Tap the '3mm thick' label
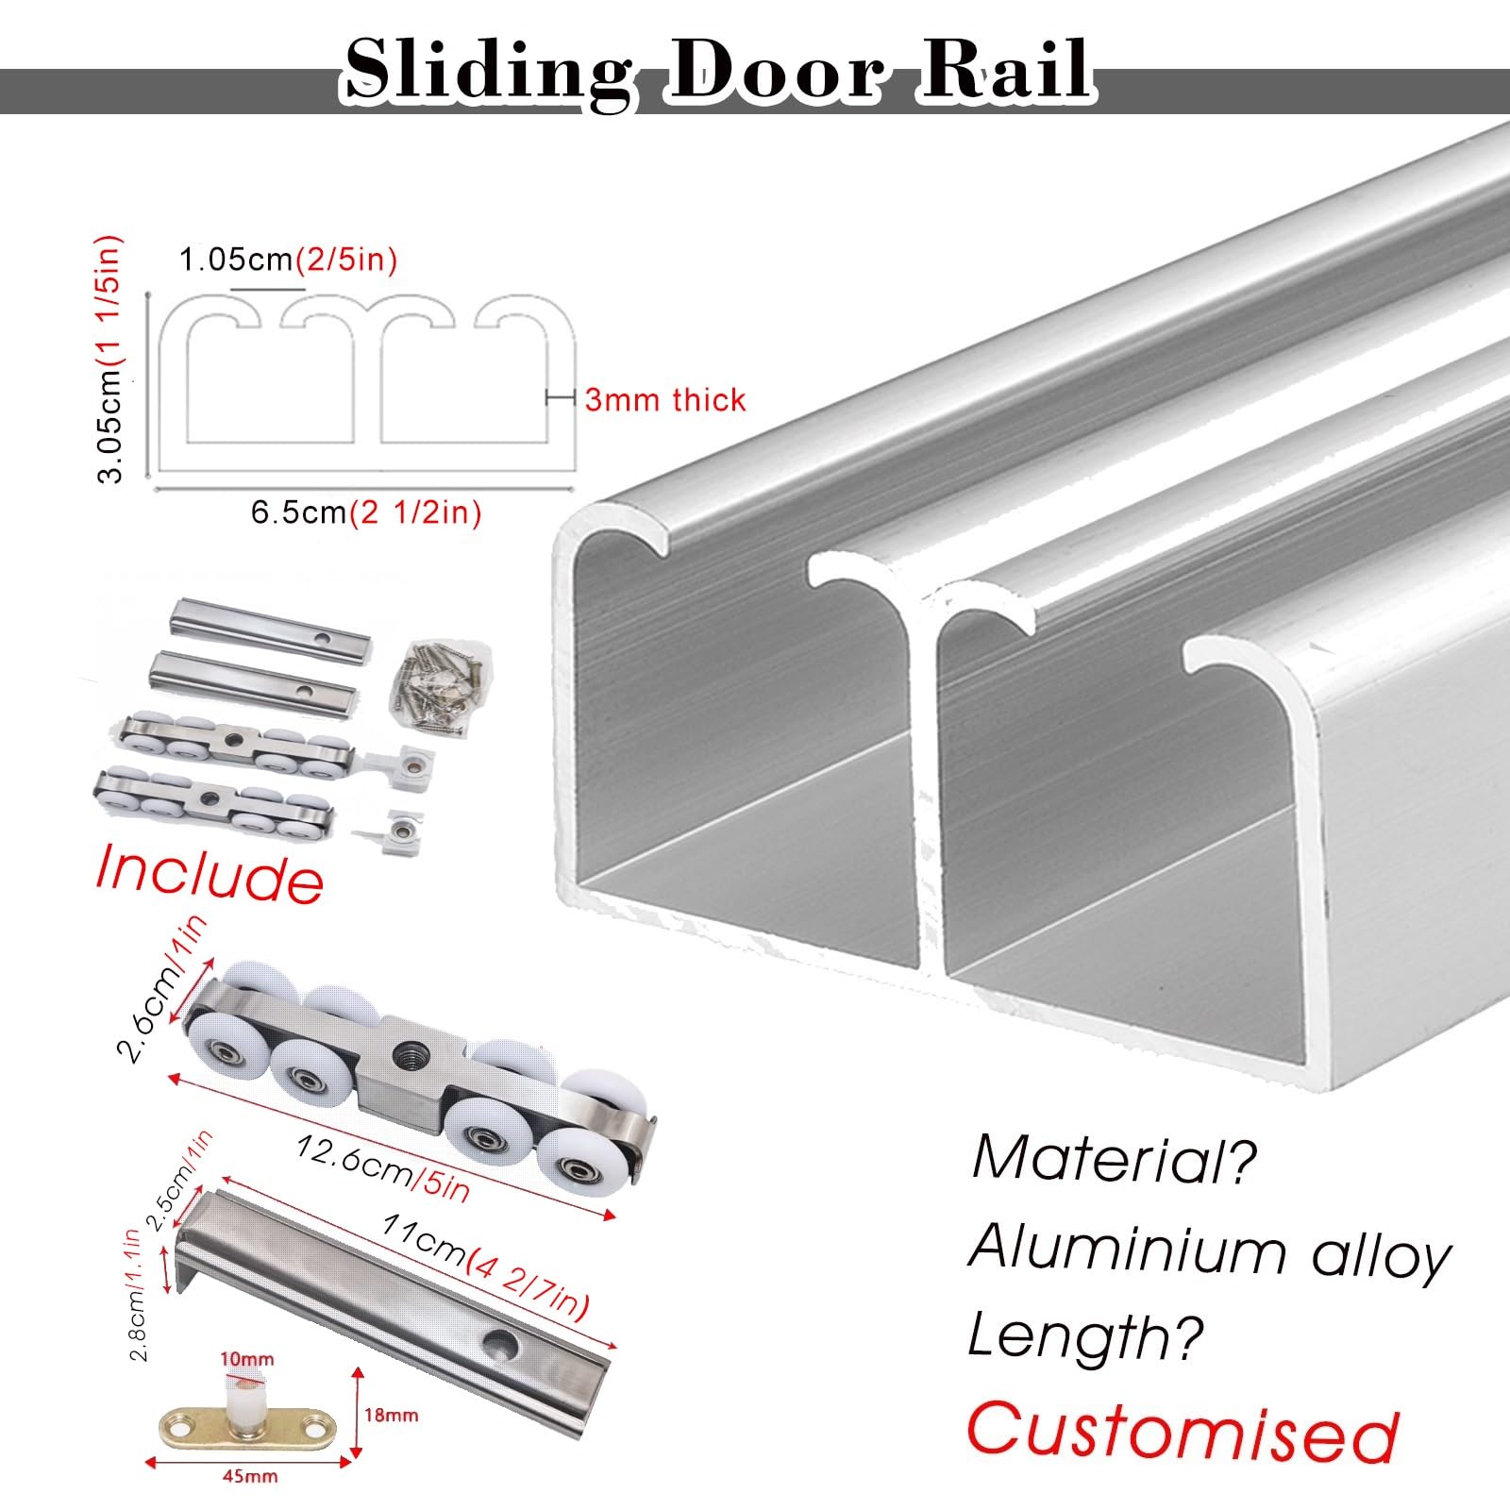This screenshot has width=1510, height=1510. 665,399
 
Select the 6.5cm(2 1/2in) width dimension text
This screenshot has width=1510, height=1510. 366,512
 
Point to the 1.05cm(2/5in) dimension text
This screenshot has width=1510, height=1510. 289,259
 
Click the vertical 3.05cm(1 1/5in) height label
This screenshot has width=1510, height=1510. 111,359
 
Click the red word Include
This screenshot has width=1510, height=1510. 210,873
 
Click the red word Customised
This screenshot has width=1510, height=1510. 1182,1432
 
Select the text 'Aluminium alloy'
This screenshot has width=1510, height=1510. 1210,1250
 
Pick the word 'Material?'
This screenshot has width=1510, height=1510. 1115,1158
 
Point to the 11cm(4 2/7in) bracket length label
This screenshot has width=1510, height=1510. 485,1266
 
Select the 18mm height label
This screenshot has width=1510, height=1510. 391,1416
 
